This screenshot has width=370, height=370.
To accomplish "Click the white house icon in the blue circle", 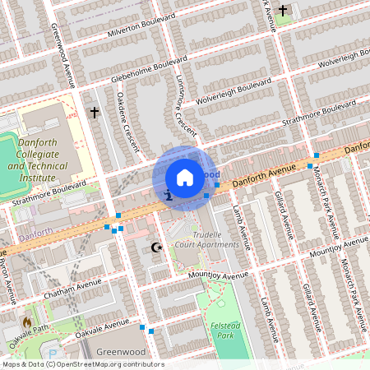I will click(x=185, y=177).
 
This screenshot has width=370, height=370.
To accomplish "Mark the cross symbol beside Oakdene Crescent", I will click(x=95, y=111).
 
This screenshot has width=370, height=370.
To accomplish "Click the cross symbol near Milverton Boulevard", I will click(x=283, y=10).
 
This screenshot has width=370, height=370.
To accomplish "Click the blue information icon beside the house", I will click(x=168, y=196).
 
